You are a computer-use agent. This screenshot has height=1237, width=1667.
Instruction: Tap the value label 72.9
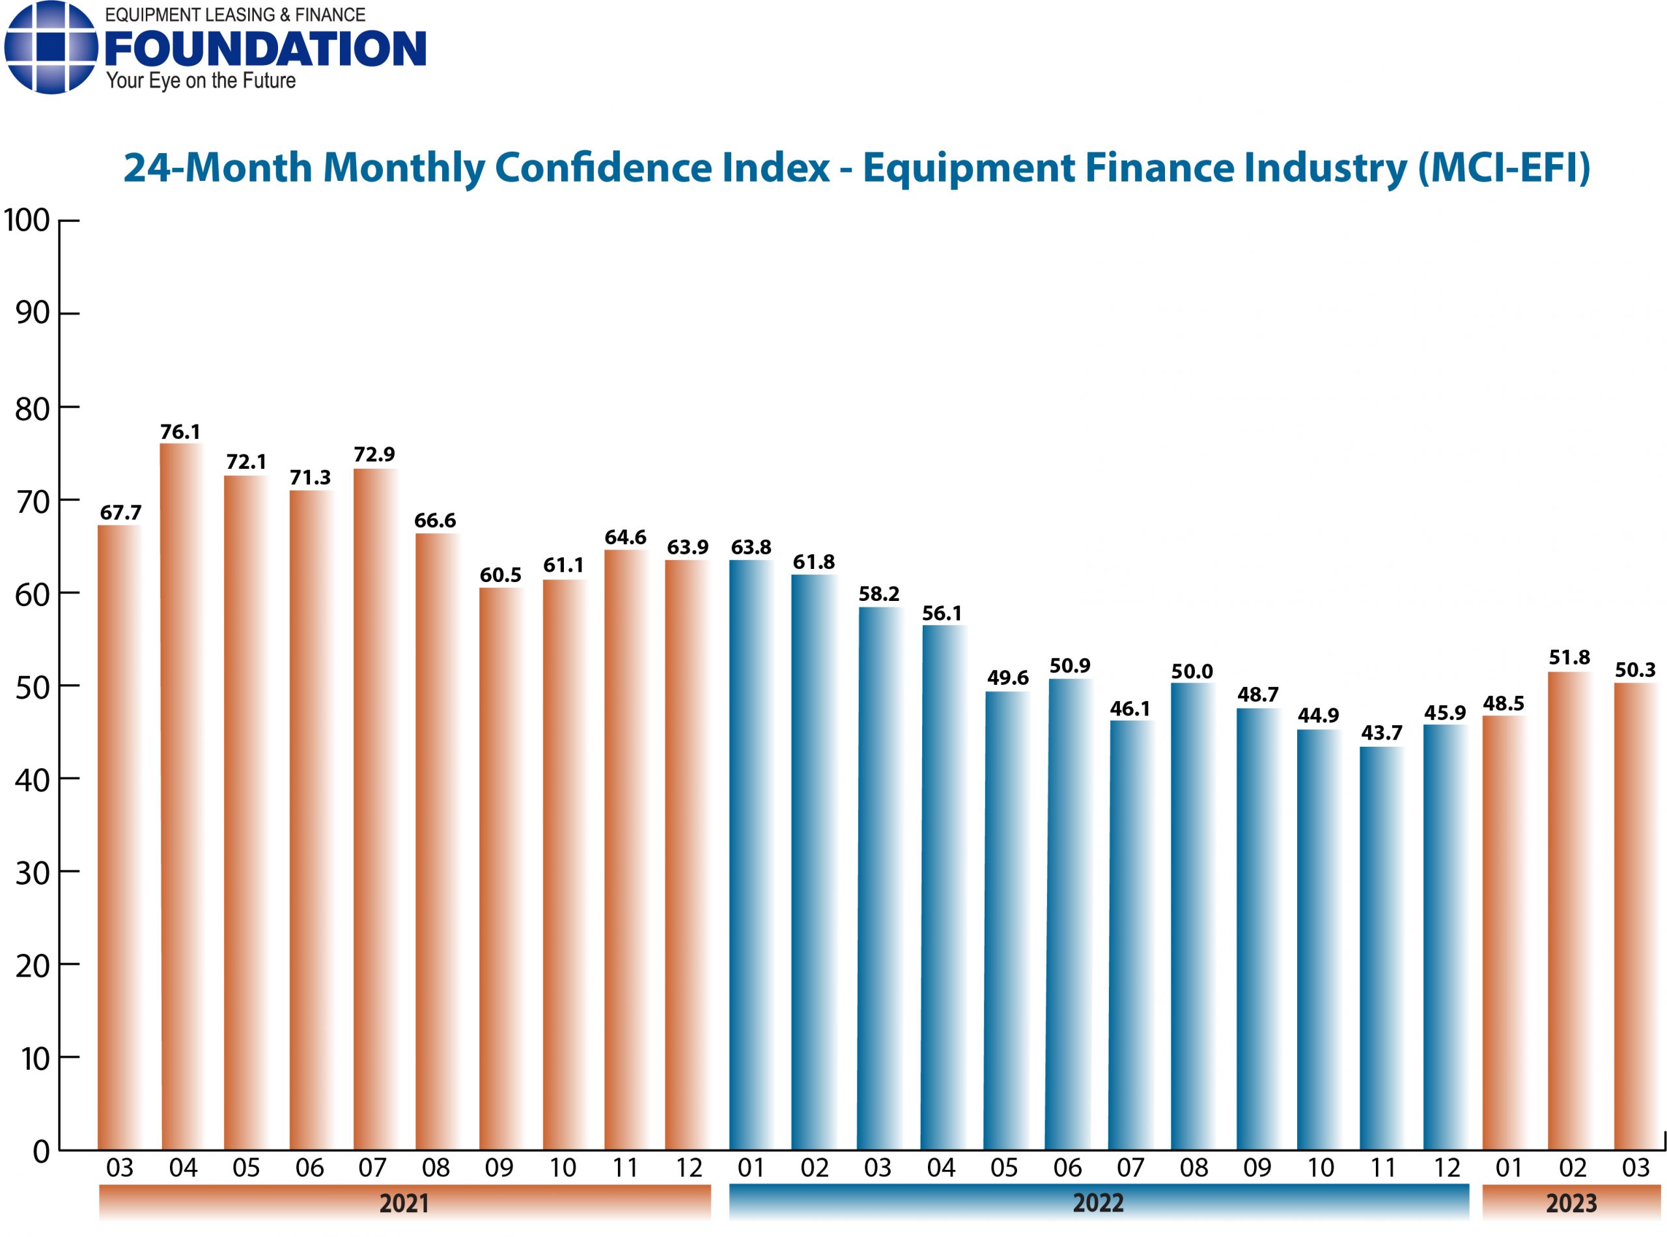(x=374, y=454)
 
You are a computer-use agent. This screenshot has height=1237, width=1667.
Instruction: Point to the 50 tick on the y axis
(x=32, y=687)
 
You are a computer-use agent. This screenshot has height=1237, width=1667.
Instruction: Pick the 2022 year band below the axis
(x=1098, y=1202)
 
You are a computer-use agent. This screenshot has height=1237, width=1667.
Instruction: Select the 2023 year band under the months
(x=1571, y=1203)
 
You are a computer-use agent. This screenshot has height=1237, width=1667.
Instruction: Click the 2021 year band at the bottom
(x=404, y=1203)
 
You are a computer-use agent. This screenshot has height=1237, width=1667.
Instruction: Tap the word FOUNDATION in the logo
(x=265, y=49)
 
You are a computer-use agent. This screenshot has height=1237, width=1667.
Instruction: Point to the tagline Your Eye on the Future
(x=201, y=81)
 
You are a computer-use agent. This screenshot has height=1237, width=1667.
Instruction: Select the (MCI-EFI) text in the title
(x=1503, y=168)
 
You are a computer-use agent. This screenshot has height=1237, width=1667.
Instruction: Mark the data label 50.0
(x=1192, y=672)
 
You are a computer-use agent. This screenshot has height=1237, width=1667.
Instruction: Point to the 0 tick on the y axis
(x=41, y=1151)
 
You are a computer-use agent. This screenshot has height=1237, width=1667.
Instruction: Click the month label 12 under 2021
(x=688, y=1167)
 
